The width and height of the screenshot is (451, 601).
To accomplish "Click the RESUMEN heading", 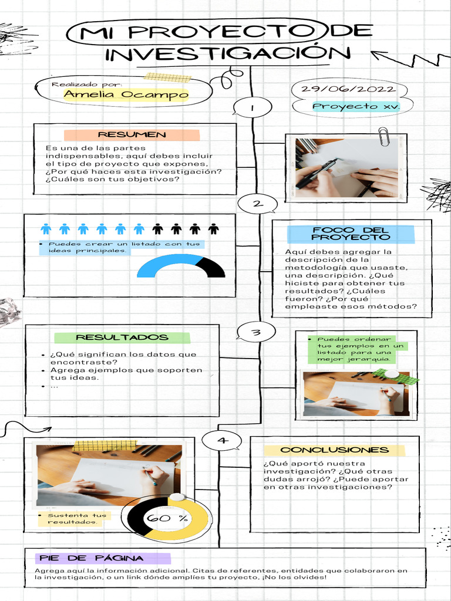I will (132, 134).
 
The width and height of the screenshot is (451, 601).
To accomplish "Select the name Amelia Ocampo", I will (126, 94).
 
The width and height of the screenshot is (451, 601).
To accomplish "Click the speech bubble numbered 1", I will (252, 108).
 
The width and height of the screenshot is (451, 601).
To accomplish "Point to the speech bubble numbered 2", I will (257, 204).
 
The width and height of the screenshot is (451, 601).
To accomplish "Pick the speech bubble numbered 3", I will (256, 333).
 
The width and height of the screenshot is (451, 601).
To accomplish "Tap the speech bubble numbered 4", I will (221, 440).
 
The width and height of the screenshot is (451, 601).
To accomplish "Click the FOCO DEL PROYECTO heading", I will (351, 234).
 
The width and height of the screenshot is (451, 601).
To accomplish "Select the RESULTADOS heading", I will (122, 337).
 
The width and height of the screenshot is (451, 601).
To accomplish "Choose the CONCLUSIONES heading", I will (334, 450).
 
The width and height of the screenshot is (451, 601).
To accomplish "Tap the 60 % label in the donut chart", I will (167, 518).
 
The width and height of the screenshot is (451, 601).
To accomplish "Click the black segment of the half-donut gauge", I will (213, 267).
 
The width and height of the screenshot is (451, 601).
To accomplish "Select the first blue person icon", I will (46, 229).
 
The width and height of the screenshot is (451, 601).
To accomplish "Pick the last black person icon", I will (213, 229).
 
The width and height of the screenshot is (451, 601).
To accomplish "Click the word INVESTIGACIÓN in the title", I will (228, 53).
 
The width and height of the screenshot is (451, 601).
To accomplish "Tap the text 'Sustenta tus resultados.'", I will (72, 519).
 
